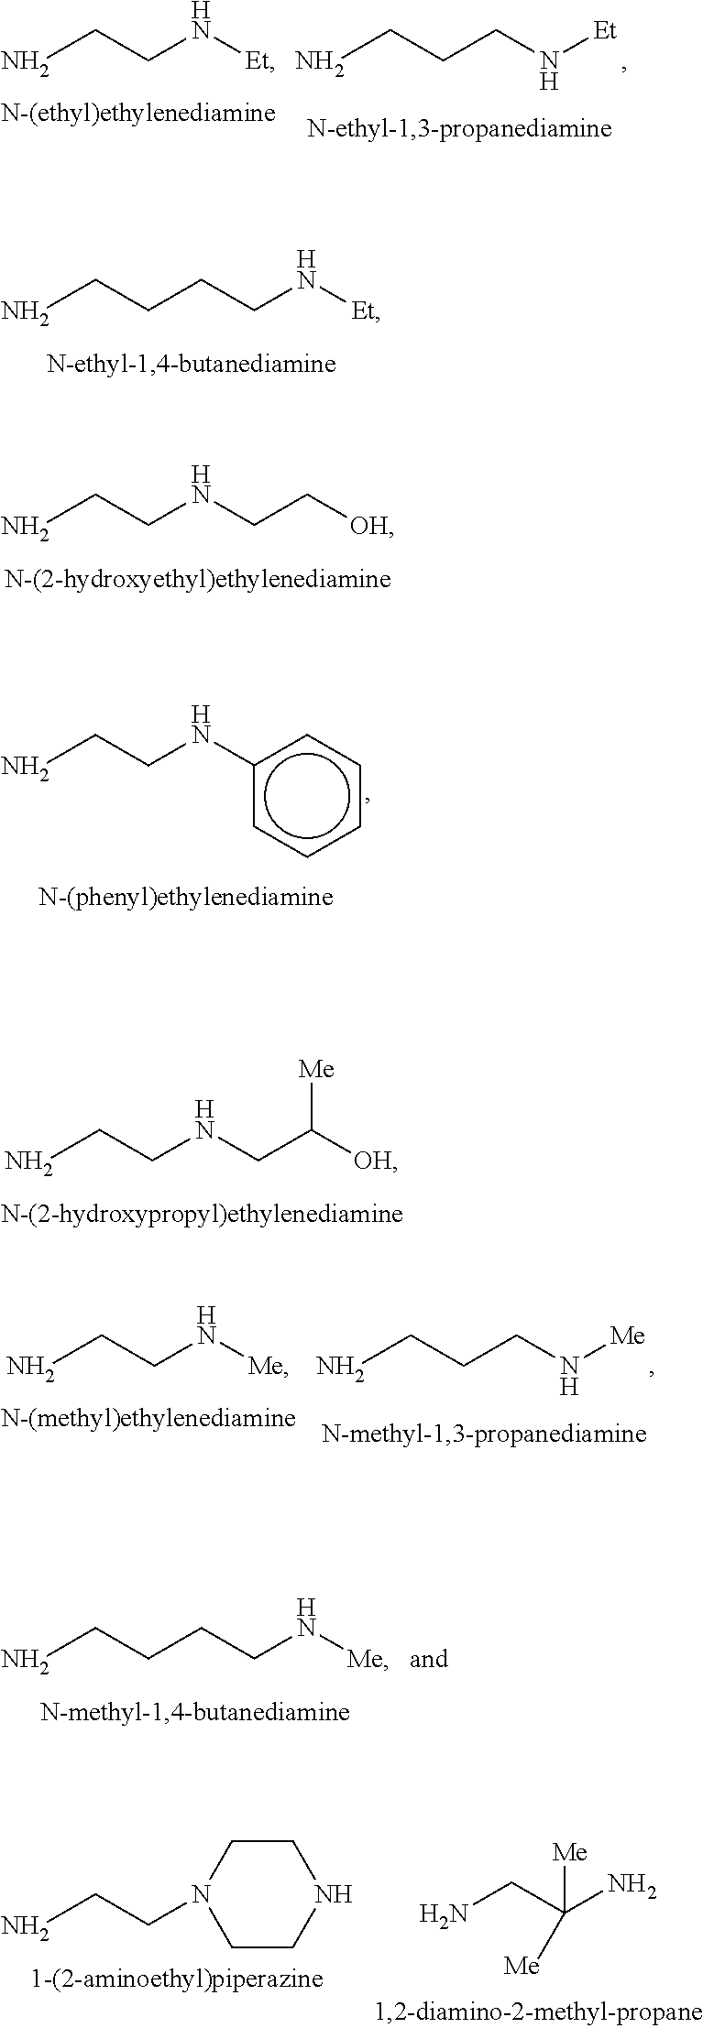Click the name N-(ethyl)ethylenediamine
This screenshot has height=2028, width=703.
tap(138, 113)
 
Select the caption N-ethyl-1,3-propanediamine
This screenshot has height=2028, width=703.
tap(459, 128)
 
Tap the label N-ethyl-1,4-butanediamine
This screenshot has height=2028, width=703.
tap(192, 364)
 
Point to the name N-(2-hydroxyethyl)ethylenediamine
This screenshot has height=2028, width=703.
tap(198, 579)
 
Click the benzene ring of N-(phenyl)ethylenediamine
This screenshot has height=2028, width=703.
tap(306, 795)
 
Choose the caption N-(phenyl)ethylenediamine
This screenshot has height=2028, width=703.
tap(185, 897)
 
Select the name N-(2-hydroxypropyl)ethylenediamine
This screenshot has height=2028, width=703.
tap(202, 1215)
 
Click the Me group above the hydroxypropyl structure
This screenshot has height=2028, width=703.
tap(316, 1069)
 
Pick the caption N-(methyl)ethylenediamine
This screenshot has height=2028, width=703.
tap(148, 1418)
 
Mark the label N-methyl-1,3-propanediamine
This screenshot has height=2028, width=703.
tap(484, 1434)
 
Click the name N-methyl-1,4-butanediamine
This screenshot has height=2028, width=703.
tap(195, 1711)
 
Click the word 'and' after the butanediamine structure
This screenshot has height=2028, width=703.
tap(429, 1659)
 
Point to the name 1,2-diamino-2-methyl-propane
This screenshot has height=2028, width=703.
tap(538, 2012)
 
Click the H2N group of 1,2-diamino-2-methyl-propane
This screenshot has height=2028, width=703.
tap(444, 1914)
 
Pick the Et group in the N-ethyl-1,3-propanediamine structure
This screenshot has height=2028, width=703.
tap(605, 31)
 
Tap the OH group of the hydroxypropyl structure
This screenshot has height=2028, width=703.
tap(372, 1161)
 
